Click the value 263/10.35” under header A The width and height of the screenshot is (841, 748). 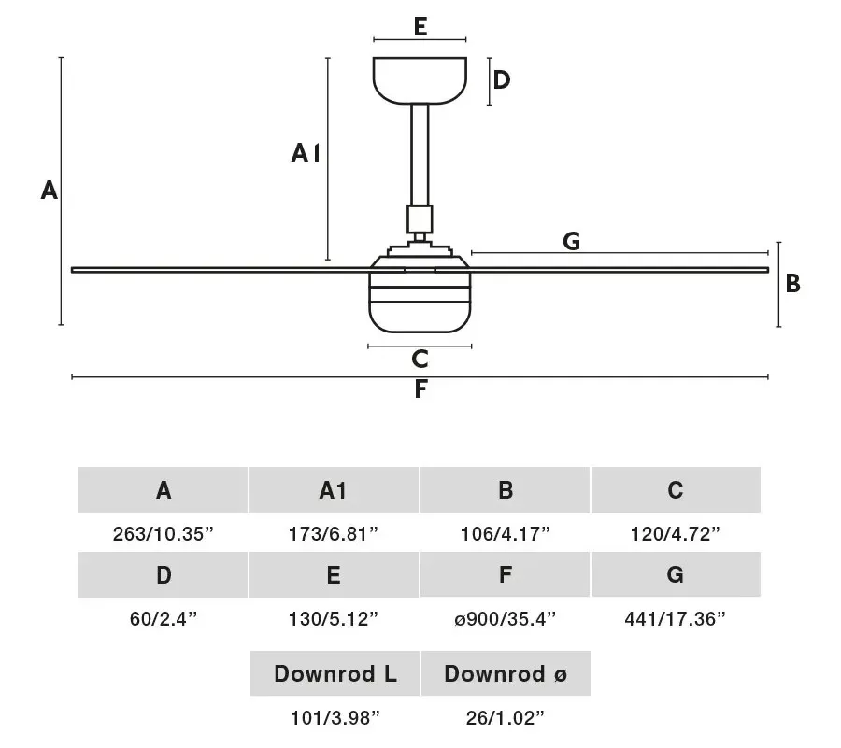[x=163, y=533]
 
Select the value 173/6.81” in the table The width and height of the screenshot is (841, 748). [x=334, y=533]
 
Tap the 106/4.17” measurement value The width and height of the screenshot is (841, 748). [x=506, y=533]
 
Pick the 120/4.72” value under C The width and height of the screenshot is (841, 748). [x=676, y=533]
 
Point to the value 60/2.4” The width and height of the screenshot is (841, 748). [x=164, y=619]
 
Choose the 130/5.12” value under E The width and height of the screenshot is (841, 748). [x=334, y=619]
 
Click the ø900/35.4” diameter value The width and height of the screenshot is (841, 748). [x=506, y=619]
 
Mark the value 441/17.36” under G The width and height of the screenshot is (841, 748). [x=676, y=619]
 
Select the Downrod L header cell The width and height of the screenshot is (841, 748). [x=335, y=673]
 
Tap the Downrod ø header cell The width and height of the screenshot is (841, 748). [x=506, y=673]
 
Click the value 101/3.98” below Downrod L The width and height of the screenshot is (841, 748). [x=335, y=718]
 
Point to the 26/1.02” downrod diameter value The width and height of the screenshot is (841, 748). [x=506, y=718]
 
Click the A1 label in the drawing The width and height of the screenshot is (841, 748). [x=306, y=153]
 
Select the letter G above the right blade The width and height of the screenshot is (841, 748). [x=572, y=241]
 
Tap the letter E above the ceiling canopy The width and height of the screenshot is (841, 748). [x=420, y=27]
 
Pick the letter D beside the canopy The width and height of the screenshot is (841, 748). [x=502, y=79]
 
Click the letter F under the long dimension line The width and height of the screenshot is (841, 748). [x=420, y=389]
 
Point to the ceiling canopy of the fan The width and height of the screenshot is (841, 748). [x=420, y=80]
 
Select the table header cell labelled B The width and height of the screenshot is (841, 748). [x=506, y=489]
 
